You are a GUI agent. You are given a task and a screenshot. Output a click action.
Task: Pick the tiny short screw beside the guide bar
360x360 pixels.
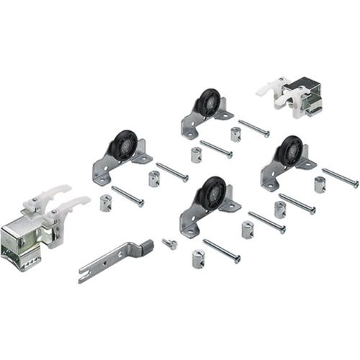tap(170, 244)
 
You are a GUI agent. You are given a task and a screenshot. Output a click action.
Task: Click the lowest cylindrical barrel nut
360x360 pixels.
tap(197, 257)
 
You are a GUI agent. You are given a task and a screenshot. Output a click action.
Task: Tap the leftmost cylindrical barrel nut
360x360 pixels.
tap(105, 203)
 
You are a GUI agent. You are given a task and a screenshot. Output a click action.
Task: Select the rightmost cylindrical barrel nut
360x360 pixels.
tap(320, 184)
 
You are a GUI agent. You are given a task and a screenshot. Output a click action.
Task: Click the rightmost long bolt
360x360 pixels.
tap(339, 177)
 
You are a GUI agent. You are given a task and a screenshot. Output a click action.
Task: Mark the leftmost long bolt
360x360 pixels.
tap(127, 196)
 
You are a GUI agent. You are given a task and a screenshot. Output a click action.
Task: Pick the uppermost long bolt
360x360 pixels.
tap(253, 129)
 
